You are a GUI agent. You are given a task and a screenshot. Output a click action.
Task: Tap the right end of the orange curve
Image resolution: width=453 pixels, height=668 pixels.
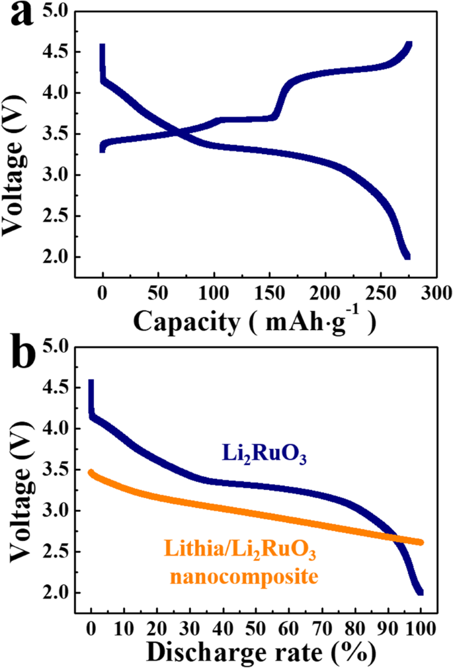(x=420, y=542)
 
